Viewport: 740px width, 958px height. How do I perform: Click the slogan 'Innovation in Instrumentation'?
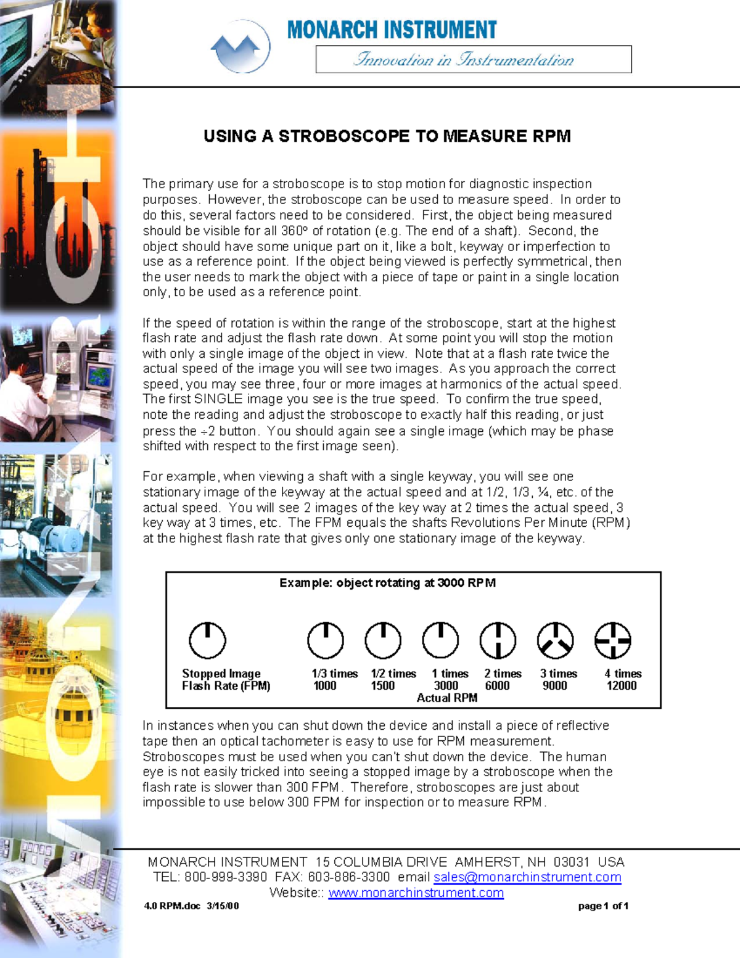463,59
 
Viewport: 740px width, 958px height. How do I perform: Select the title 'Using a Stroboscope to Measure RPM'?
387,136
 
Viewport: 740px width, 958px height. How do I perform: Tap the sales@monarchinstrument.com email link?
527,877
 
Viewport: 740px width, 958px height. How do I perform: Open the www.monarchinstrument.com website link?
416,893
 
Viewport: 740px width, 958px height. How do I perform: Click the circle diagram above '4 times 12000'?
612,640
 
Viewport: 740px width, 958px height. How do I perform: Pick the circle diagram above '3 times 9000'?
555,640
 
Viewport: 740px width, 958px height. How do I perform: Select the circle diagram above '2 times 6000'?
498,640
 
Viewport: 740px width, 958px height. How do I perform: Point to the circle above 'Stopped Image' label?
207,640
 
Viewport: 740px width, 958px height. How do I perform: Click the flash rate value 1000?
325,686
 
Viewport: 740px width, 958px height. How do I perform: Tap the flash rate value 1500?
382,686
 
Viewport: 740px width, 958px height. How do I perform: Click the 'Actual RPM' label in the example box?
446,698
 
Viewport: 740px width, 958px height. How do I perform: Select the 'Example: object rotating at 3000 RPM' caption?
387,583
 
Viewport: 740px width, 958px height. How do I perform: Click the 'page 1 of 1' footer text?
603,906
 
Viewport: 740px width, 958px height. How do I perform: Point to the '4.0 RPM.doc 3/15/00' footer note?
191,906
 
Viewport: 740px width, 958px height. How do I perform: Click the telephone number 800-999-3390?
226,877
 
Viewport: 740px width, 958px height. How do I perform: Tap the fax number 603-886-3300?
348,877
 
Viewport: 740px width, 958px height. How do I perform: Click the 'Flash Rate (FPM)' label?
226,686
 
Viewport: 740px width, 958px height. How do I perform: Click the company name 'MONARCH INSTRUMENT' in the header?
392,30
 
